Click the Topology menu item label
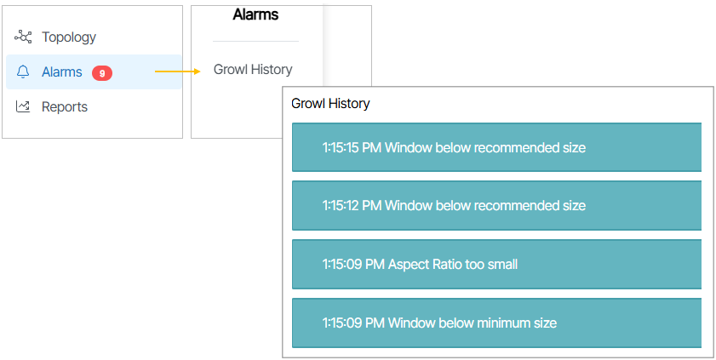click(x=69, y=37)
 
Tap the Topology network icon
click(x=23, y=37)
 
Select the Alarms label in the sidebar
click(x=62, y=71)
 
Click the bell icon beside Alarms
click(x=23, y=71)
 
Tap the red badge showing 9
click(x=102, y=72)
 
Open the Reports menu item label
click(x=65, y=106)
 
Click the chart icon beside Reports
click(x=23, y=106)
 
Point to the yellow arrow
click(x=178, y=71)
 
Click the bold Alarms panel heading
click(x=255, y=14)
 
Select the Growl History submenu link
click(x=253, y=69)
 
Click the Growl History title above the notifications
click(x=330, y=104)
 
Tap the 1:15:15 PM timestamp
click(x=352, y=147)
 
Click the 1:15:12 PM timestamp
click(x=352, y=205)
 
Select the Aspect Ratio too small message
click(x=453, y=264)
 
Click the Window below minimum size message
click(x=473, y=323)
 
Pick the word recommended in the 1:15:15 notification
click(x=513, y=147)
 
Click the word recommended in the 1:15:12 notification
click(x=513, y=205)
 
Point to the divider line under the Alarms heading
click(x=255, y=41)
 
